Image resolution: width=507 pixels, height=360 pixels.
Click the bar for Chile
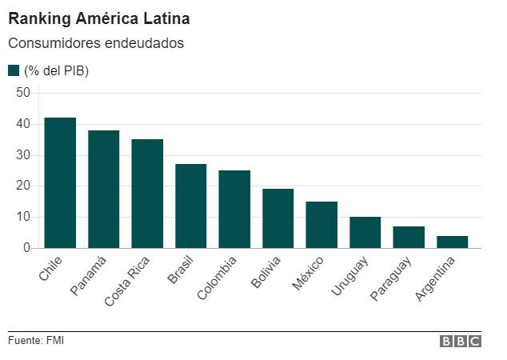pos(60,183)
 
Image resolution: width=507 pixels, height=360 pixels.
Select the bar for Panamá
pos(103,190)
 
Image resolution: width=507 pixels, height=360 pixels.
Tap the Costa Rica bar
pos(147,194)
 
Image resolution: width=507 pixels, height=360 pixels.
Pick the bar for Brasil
pos(190,206)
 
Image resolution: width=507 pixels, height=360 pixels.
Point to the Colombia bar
pos(234,210)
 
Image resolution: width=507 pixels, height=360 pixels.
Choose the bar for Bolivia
pos(277,218)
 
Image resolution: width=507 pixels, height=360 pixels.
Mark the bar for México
pos(321,225)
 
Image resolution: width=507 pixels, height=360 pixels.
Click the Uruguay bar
pos(365,233)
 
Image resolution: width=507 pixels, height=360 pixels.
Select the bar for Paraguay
pos(409,238)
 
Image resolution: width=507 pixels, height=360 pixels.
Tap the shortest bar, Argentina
pos(452,242)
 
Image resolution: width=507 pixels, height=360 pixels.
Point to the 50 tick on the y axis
pos(22,93)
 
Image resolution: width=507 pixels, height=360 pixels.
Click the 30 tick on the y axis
pos(22,155)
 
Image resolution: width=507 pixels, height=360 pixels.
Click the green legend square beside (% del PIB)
pos(14,70)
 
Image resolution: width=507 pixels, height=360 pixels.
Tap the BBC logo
pos(461,342)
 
